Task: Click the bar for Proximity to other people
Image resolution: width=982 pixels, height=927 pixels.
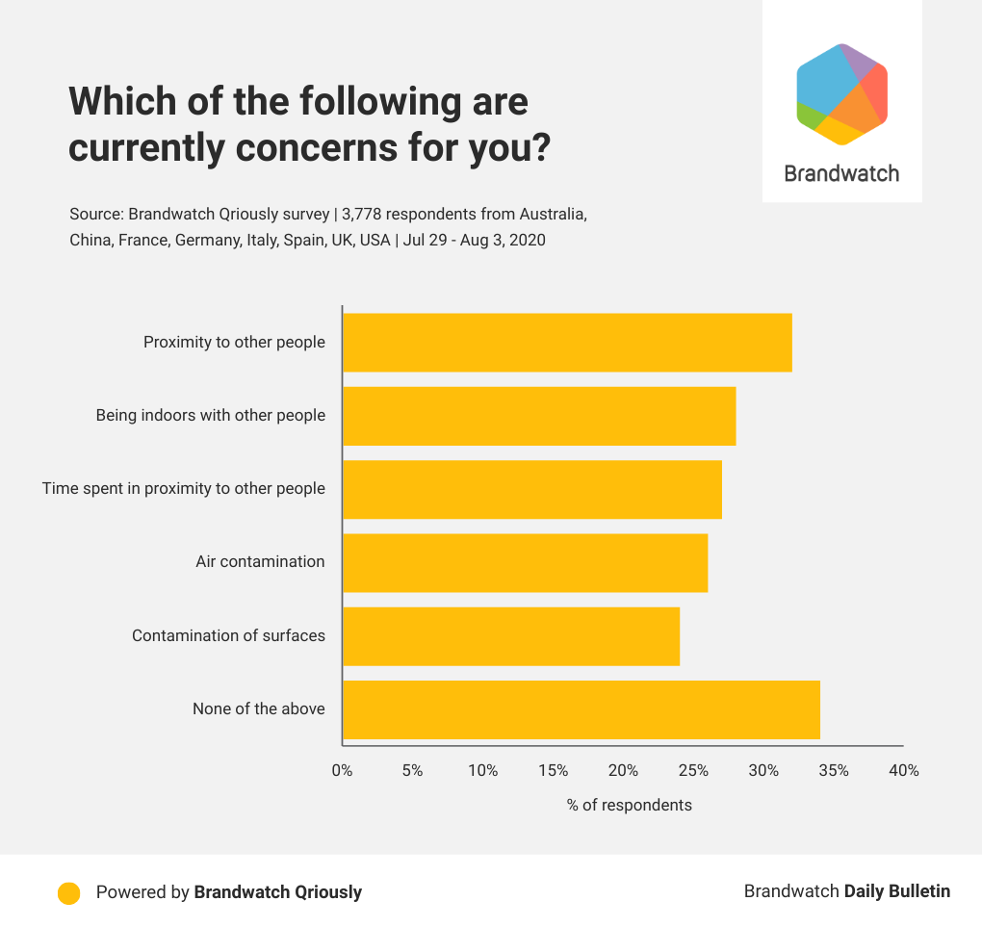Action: pyautogui.click(x=567, y=343)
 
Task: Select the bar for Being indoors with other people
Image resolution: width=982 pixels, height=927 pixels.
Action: pyautogui.click(x=539, y=416)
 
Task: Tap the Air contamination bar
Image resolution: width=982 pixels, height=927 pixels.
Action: pyautogui.click(x=525, y=563)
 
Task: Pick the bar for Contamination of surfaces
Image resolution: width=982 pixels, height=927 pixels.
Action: pyautogui.click(x=511, y=636)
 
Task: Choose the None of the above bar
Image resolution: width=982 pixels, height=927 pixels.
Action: pyautogui.click(x=581, y=710)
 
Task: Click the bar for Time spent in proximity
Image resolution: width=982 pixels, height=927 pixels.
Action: pyautogui.click(x=532, y=490)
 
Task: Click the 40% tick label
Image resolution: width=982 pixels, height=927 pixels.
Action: pyautogui.click(x=904, y=771)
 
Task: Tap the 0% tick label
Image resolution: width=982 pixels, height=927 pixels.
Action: pyautogui.click(x=342, y=771)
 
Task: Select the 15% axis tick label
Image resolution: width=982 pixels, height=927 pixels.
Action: pyautogui.click(x=554, y=771)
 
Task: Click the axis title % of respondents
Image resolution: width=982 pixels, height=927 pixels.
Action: pyautogui.click(x=630, y=805)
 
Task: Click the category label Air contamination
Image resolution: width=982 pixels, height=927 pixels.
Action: pyautogui.click(x=260, y=562)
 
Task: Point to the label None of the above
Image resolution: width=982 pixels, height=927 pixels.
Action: pyautogui.click(x=258, y=709)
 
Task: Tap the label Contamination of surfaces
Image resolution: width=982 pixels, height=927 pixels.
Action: pyautogui.click(x=228, y=635)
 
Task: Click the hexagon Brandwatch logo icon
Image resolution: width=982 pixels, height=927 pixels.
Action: pyautogui.click(x=842, y=94)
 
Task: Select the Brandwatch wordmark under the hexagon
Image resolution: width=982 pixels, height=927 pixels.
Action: pyautogui.click(x=841, y=174)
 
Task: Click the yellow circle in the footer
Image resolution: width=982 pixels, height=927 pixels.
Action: pyautogui.click(x=68, y=892)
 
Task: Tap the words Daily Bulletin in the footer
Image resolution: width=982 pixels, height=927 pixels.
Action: pyautogui.click(x=897, y=891)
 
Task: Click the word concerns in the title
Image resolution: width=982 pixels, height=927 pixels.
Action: pyautogui.click(x=288, y=148)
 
